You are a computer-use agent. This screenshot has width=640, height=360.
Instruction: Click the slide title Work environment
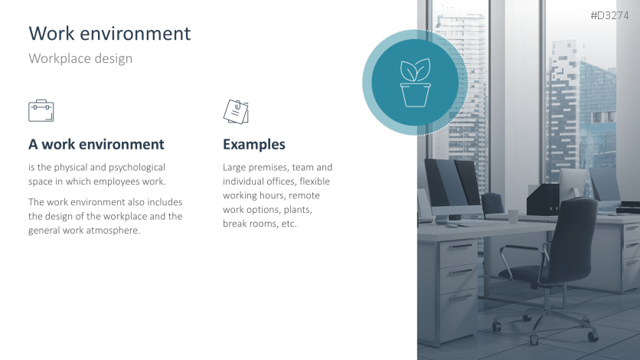click(x=109, y=33)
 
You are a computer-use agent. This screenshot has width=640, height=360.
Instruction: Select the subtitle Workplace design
click(x=80, y=58)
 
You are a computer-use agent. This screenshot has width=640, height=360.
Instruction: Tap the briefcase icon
click(x=41, y=110)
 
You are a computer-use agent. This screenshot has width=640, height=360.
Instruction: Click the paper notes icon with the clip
click(x=236, y=112)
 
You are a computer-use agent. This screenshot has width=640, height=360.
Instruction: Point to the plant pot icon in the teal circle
click(x=415, y=83)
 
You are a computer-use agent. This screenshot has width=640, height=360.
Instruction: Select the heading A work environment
click(x=96, y=144)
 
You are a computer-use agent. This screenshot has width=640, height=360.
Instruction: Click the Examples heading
click(x=254, y=144)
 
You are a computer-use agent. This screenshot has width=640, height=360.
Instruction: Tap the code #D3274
click(x=609, y=15)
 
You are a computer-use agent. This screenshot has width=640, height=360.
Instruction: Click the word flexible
click(x=315, y=182)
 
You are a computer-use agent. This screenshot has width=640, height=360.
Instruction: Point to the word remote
click(x=305, y=195)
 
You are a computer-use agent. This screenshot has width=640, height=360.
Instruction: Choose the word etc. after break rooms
click(x=289, y=224)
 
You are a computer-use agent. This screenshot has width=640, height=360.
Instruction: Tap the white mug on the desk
click(x=513, y=217)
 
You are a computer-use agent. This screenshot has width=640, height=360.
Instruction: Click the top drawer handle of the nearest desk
click(x=461, y=247)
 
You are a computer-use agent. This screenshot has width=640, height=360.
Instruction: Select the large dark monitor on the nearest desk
click(x=451, y=183)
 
